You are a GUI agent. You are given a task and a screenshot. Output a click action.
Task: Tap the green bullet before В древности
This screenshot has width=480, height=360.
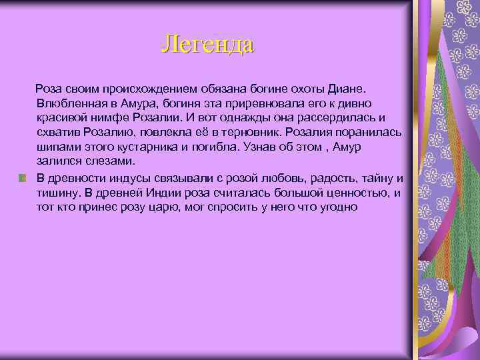(23, 178)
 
